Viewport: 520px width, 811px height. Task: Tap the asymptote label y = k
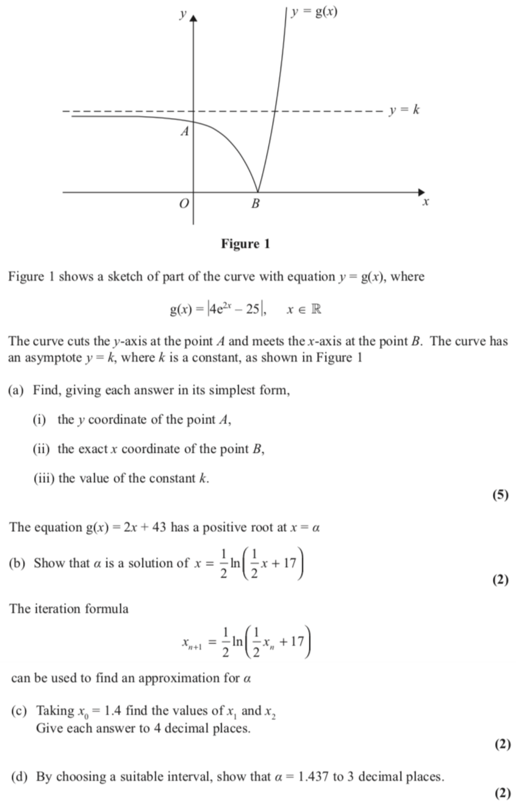pyautogui.click(x=404, y=110)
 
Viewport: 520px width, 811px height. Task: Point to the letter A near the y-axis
pyautogui.click(x=185, y=132)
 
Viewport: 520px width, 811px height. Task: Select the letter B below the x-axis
pyautogui.click(x=255, y=203)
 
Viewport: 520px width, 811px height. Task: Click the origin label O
pyautogui.click(x=184, y=203)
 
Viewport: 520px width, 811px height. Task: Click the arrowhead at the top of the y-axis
pyautogui.click(x=193, y=18)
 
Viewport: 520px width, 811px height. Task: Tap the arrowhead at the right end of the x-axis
pyautogui.click(x=421, y=192)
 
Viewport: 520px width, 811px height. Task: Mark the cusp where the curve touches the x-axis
pyautogui.click(x=258, y=192)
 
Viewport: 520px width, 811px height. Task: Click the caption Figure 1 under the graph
pyautogui.click(x=245, y=243)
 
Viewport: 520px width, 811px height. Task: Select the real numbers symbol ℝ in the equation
pyautogui.click(x=316, y=309)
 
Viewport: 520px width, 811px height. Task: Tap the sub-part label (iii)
pyautogui.click(x=43, y=478)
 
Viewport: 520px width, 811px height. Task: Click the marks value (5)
pyautogui.click(x=500, y=495)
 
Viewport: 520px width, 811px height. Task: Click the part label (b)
pyautogui.click(x=17, y=563)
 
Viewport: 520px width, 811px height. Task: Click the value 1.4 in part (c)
pyautogui.click(x=112, y=711)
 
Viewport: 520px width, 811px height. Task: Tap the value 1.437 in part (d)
pyautogui.click(x=313, y=777)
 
